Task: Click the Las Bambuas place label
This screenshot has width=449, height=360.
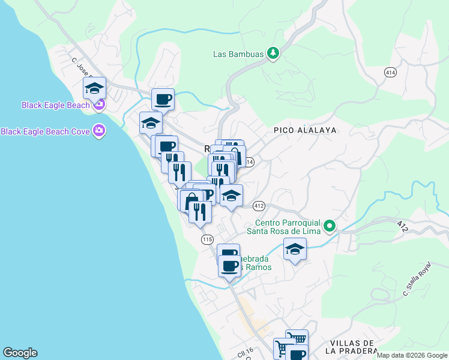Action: pyautogui.click(x=238, y=54)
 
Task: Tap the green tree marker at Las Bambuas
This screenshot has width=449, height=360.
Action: pyautogui.click(x=273, y=54)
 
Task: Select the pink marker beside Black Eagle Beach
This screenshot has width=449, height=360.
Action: pyautogui.click(x=99, y=105)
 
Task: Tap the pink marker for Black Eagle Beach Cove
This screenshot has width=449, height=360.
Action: pyautogui.click(x=99, y=131)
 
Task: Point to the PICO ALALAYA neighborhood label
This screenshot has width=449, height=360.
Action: pyautogui.click(x=305, y=130)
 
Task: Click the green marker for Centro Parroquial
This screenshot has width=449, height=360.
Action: pyautogui.click(x=329, y=226)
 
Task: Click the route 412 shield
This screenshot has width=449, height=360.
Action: pyautogui.click(x=259, y=206)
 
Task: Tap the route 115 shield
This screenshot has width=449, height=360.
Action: pyautogui.click(x=207, y=239)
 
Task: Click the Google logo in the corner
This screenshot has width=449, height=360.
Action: pyautogui.click(x=20, y=353)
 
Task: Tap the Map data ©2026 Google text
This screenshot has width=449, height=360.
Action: pyautogui.click(x=412, y=355)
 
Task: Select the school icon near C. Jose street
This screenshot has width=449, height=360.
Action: pyautogui.click(x=94, y=88)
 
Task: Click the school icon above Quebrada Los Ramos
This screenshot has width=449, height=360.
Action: pyautogui.click(x=295, y=248)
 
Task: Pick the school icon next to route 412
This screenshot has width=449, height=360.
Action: pyautogui.click(x=231, y=196)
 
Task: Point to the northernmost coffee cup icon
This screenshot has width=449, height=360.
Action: pyautogui.click(x=163, y=99)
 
